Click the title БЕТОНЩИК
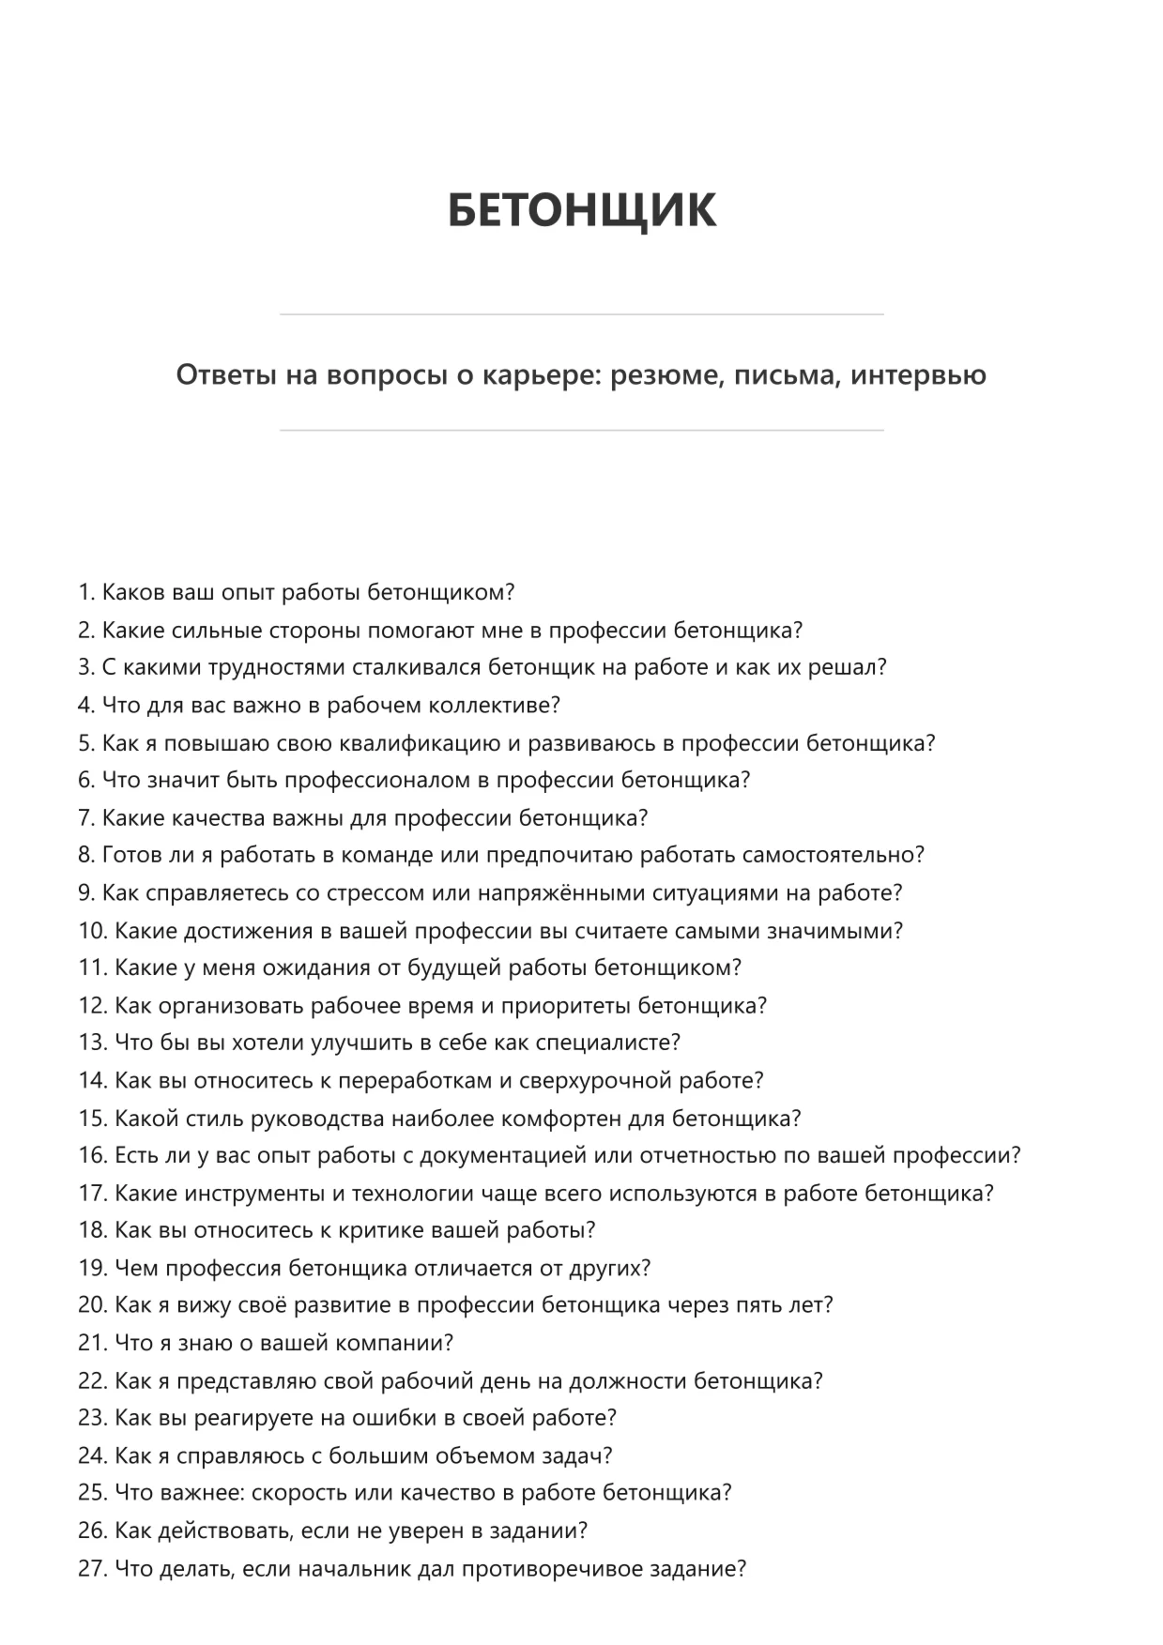coord(581,209)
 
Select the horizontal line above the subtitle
coord(581,314)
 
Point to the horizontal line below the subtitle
coord(581,431)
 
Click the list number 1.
coord(85,593)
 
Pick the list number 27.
coord(91,1568)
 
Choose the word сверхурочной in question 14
coord(599,1081)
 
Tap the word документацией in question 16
coord(502,1156)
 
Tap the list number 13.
coord(91,1043)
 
